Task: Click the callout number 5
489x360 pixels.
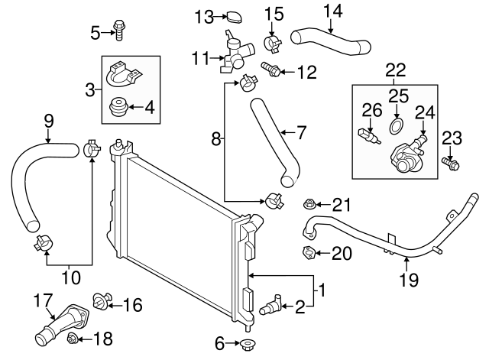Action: (x=96, y=32)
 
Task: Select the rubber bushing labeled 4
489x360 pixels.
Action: (x=119, y=109)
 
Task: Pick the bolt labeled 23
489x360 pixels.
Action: (x=450, y=162)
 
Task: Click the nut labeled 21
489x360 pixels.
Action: (x=310, y=204)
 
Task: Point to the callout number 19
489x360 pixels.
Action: (x=409, y=280)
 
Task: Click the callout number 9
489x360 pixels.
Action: (x=48, y=120)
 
